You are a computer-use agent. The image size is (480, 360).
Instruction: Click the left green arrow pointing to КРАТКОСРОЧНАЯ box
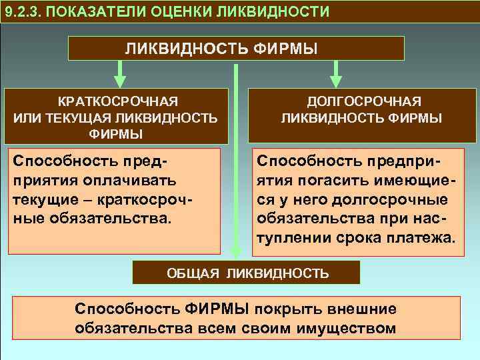[119, 73]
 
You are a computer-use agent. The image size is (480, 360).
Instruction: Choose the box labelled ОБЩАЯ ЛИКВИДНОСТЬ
[246, 273]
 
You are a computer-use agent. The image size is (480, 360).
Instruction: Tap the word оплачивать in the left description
[131, 180]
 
